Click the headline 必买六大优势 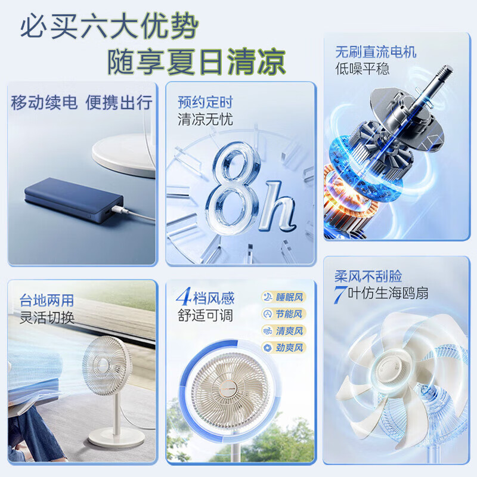click(110, 26)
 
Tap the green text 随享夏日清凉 click(197, 62)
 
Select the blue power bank click(74, 200)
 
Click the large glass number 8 click(234, 188)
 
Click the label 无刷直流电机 click(376, 52)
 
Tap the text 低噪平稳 click(363, 69)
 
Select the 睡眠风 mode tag click(284, 297)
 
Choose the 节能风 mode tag click(284, 314)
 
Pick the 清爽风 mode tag click(284, 331)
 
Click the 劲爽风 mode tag click(284, 348)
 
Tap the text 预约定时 click(205, 102)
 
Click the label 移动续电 click(44, 102)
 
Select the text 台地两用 click(47, 301)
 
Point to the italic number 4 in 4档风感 click(184, 296)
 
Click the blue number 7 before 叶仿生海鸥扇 click(340, 294)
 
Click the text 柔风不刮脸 click(368, 276)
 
